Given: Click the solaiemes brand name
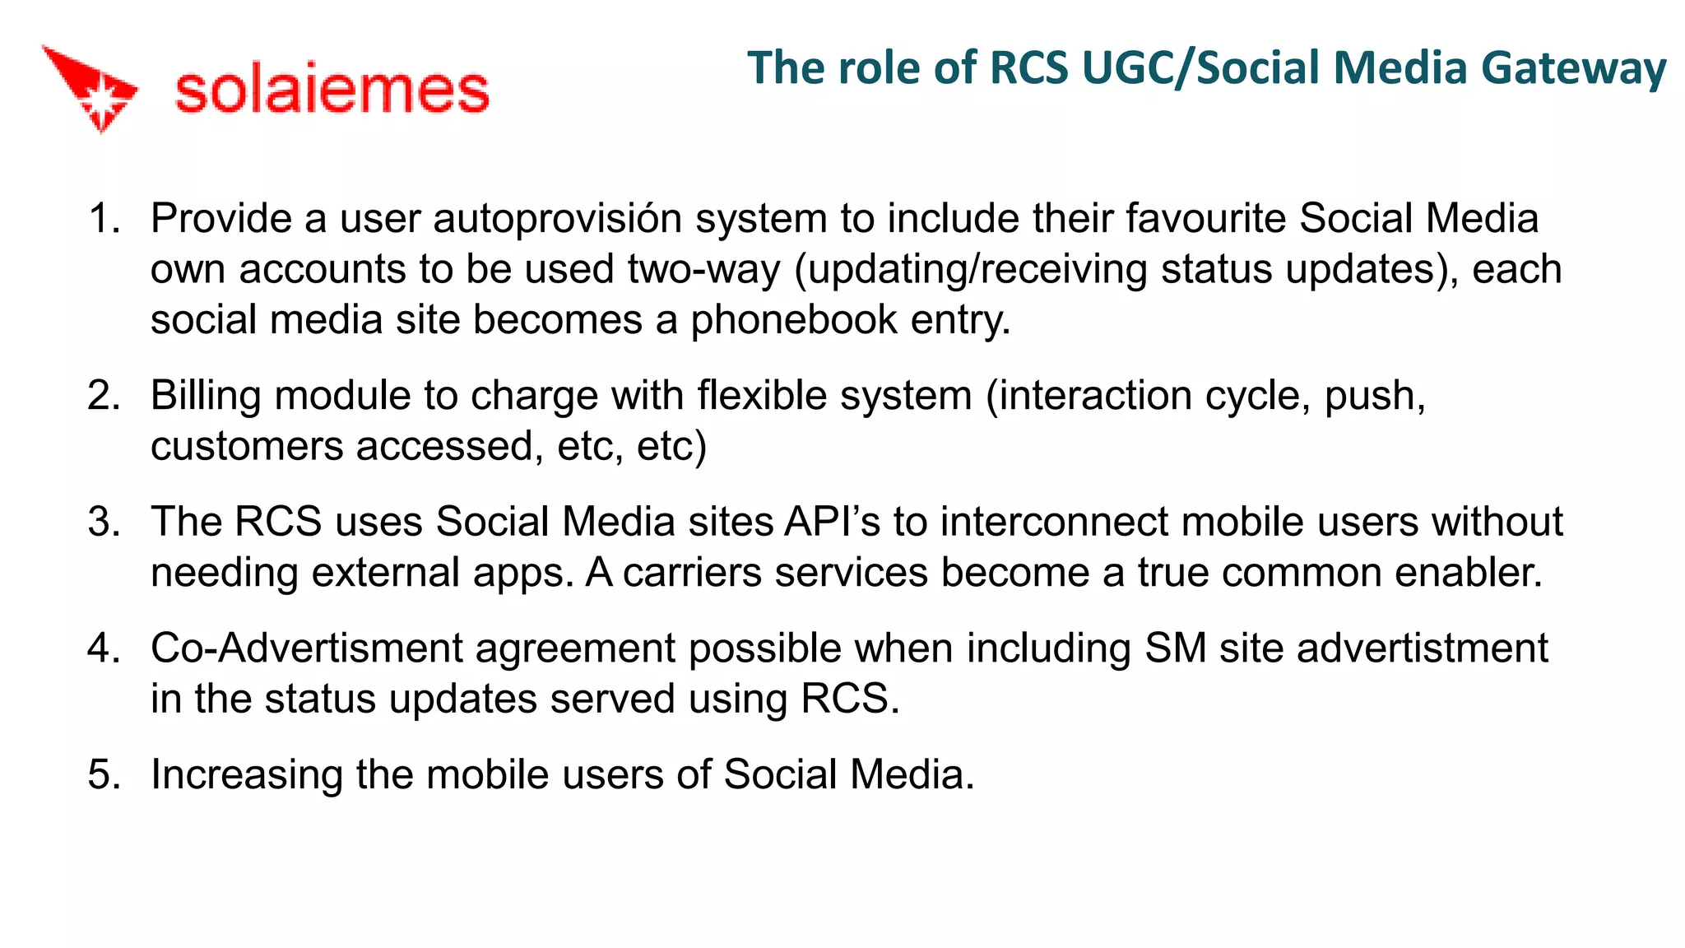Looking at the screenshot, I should [332, 90].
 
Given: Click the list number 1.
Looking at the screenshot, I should [104, 219].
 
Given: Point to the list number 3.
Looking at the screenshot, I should [104, 522].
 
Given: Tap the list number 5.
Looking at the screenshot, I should [104, 774].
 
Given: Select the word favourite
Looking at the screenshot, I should [1206, 219].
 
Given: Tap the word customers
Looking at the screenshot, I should [247, 447].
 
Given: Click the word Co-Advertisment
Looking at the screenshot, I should [307, 648].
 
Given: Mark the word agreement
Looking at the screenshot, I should [575, 648].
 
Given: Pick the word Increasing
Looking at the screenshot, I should [247, 775].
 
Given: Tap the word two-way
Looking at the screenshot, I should [703, 270].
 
